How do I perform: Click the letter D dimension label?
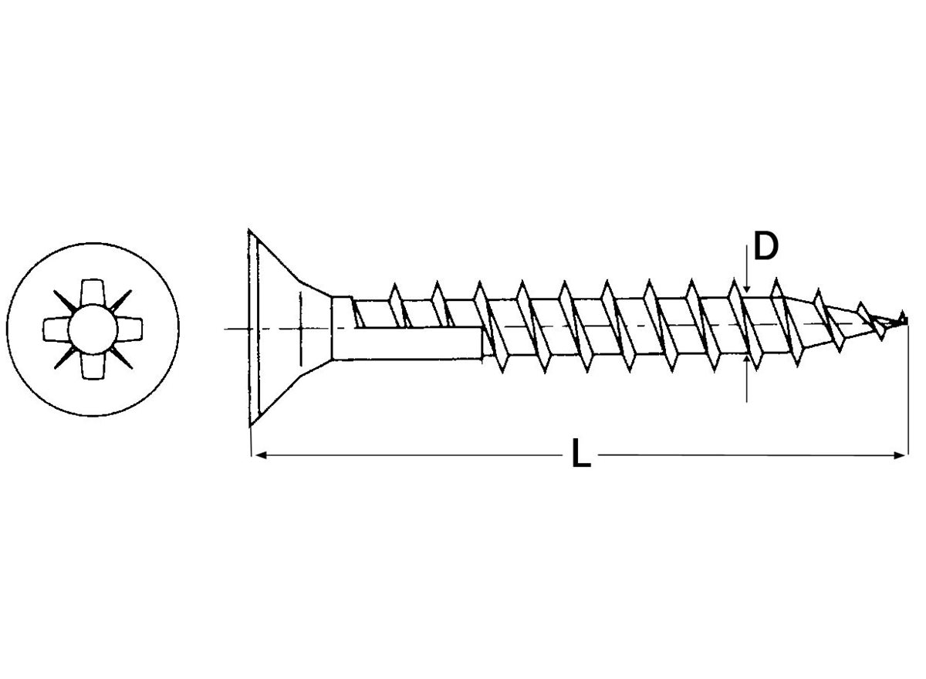[765, 247]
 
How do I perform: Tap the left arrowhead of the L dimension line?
[259, 455]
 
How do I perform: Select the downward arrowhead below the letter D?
[747, 287]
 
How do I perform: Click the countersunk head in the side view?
[278, 328]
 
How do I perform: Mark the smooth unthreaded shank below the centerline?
[409, 343]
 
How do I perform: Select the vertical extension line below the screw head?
[252, 440]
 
